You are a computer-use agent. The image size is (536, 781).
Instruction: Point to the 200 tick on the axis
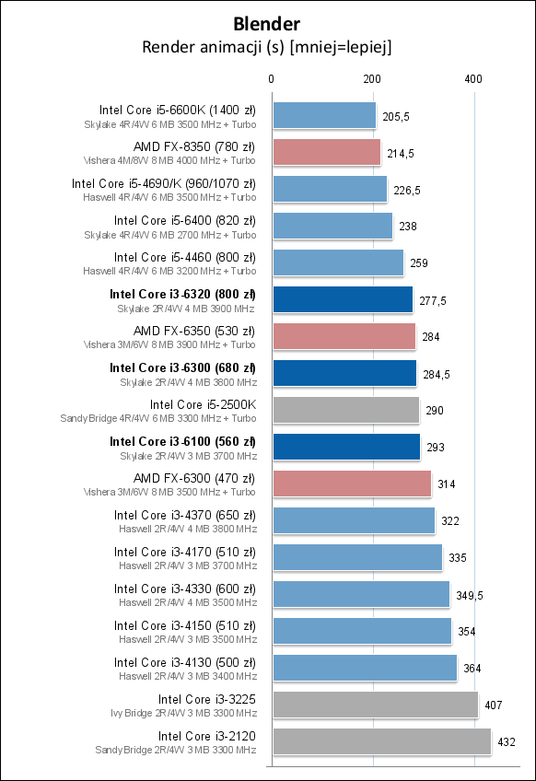372,79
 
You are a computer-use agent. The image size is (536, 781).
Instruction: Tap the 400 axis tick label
472,79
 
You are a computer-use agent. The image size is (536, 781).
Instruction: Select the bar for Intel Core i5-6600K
324,115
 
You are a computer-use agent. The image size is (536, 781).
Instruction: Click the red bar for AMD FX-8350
326,152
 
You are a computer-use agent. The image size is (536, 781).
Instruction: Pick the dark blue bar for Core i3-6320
343,299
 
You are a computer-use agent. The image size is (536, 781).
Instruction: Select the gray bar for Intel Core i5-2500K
345,410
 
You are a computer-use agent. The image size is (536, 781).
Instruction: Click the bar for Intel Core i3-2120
381,741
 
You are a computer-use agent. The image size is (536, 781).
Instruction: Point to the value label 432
506,742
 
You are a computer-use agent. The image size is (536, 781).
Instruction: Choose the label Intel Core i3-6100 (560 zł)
182,441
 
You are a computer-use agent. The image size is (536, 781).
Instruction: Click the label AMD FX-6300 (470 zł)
194,478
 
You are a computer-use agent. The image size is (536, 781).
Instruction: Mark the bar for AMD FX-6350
344,336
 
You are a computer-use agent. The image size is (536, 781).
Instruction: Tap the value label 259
418,263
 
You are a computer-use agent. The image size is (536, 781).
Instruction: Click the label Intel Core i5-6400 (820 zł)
185,220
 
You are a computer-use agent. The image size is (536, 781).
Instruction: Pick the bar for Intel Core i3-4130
365,668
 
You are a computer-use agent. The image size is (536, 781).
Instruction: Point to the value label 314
447,484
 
